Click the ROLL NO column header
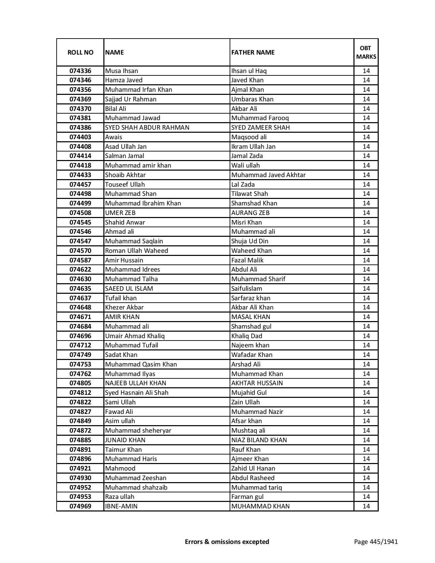pos(80,52)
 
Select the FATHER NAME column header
pos(253,52)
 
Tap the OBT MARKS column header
pos(366,52)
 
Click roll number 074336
pos(80,71)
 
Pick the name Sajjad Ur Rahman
pos(131,99)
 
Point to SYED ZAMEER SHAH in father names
pos(260,128)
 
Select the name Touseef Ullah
pos(125,185)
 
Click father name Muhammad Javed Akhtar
pos(268,175)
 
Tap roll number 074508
pos(80,213)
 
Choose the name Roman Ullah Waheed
pos(136,251)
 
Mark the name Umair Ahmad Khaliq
pos(135,336)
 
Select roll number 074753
pos(80,364)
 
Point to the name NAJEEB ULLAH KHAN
pos(135,383)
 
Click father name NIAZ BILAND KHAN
pos(259,440)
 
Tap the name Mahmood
pos(120,468)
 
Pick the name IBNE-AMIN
pos(121,506)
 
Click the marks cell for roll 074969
pos(366,506)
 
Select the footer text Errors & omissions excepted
pos(227,542)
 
